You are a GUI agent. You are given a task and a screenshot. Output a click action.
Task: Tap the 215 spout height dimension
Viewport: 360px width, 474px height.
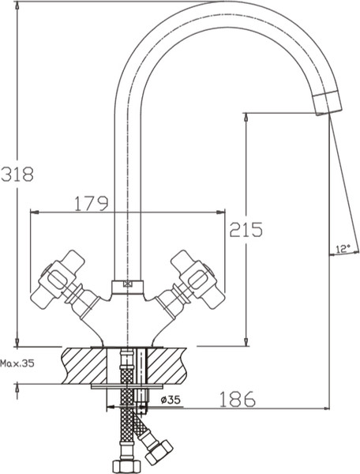tap(246, 230)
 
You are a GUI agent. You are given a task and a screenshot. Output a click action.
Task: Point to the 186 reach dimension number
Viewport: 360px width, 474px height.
tap(238, 400)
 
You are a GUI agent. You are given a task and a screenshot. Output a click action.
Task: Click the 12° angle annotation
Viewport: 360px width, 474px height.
tap(341, 248)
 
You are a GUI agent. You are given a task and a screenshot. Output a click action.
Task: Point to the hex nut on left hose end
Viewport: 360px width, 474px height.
tap(126, 465)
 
